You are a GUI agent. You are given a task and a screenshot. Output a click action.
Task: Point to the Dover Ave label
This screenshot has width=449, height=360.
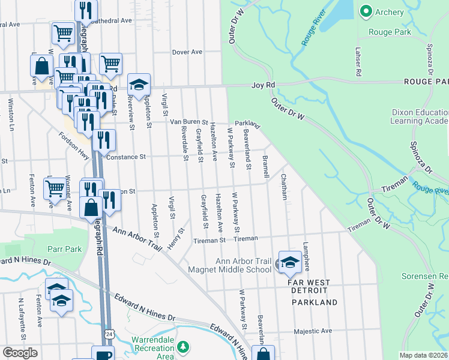click(187, 52)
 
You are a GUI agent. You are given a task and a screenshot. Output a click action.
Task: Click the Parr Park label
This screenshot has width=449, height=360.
click(65, 248)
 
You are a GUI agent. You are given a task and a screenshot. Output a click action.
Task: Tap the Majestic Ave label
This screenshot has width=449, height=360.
click(313, 331)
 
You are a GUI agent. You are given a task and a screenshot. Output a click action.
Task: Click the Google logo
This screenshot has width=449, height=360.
click(20, 353)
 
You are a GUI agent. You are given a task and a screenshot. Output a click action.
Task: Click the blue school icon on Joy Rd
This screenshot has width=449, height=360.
click(138, 85)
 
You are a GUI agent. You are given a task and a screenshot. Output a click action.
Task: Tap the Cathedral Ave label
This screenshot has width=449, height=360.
click(111, 20)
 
